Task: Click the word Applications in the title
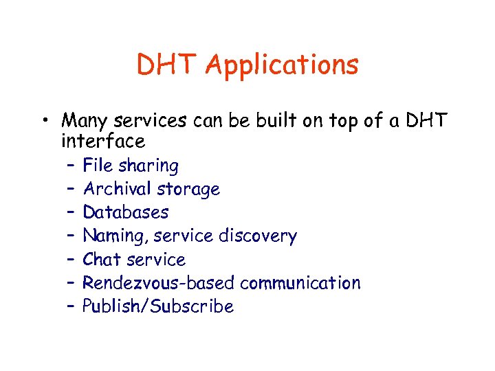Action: click(x=282, y=66)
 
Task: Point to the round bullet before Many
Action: click(x=43, y=122)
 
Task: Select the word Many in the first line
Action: click(x=85, y=121)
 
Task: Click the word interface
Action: click(x=103, y=142)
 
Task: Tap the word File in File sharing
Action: click(x=98, y=166)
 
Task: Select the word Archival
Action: click(x=117, y=189)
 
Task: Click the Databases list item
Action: click(x=125, y=212)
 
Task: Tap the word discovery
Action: click(x=257, y=236)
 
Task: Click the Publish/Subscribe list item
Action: click(x=158, y=306)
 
